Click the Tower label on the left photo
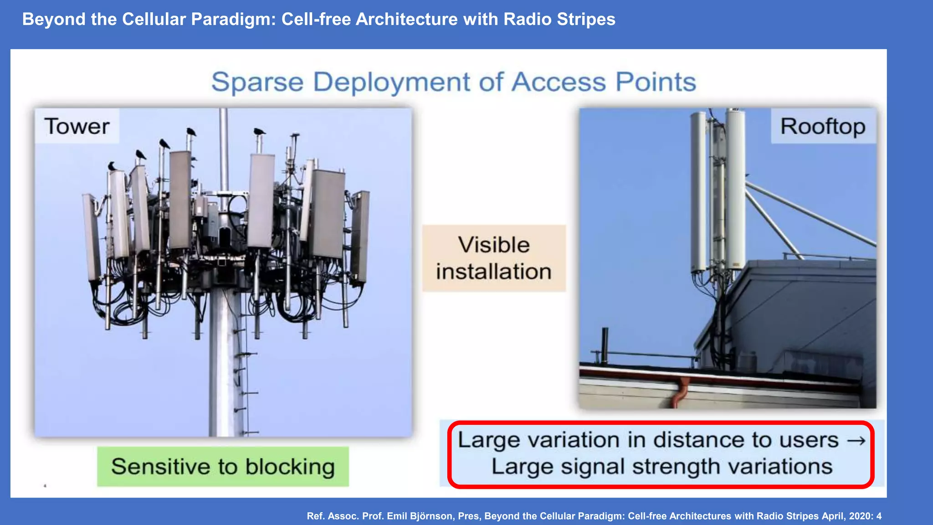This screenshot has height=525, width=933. click(77, 126)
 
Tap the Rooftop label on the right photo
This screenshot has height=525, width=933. click(823, 126)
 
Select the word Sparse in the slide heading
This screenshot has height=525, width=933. click(257, 82)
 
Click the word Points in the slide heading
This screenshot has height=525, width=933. click(656, 82)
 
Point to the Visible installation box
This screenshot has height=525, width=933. click(494, 258)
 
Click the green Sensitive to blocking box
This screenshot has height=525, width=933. click(223, 467)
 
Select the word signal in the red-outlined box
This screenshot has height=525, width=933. click(592, 467)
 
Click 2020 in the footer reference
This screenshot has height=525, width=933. click(861, 516)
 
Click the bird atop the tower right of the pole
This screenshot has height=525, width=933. click(259, 132)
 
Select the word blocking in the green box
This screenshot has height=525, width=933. click(290, 467)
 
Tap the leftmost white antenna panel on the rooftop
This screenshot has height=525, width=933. click(698, 191)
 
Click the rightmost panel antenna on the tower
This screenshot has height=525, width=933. click(360, 237)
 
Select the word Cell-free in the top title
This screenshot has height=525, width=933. click(315, 19)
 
